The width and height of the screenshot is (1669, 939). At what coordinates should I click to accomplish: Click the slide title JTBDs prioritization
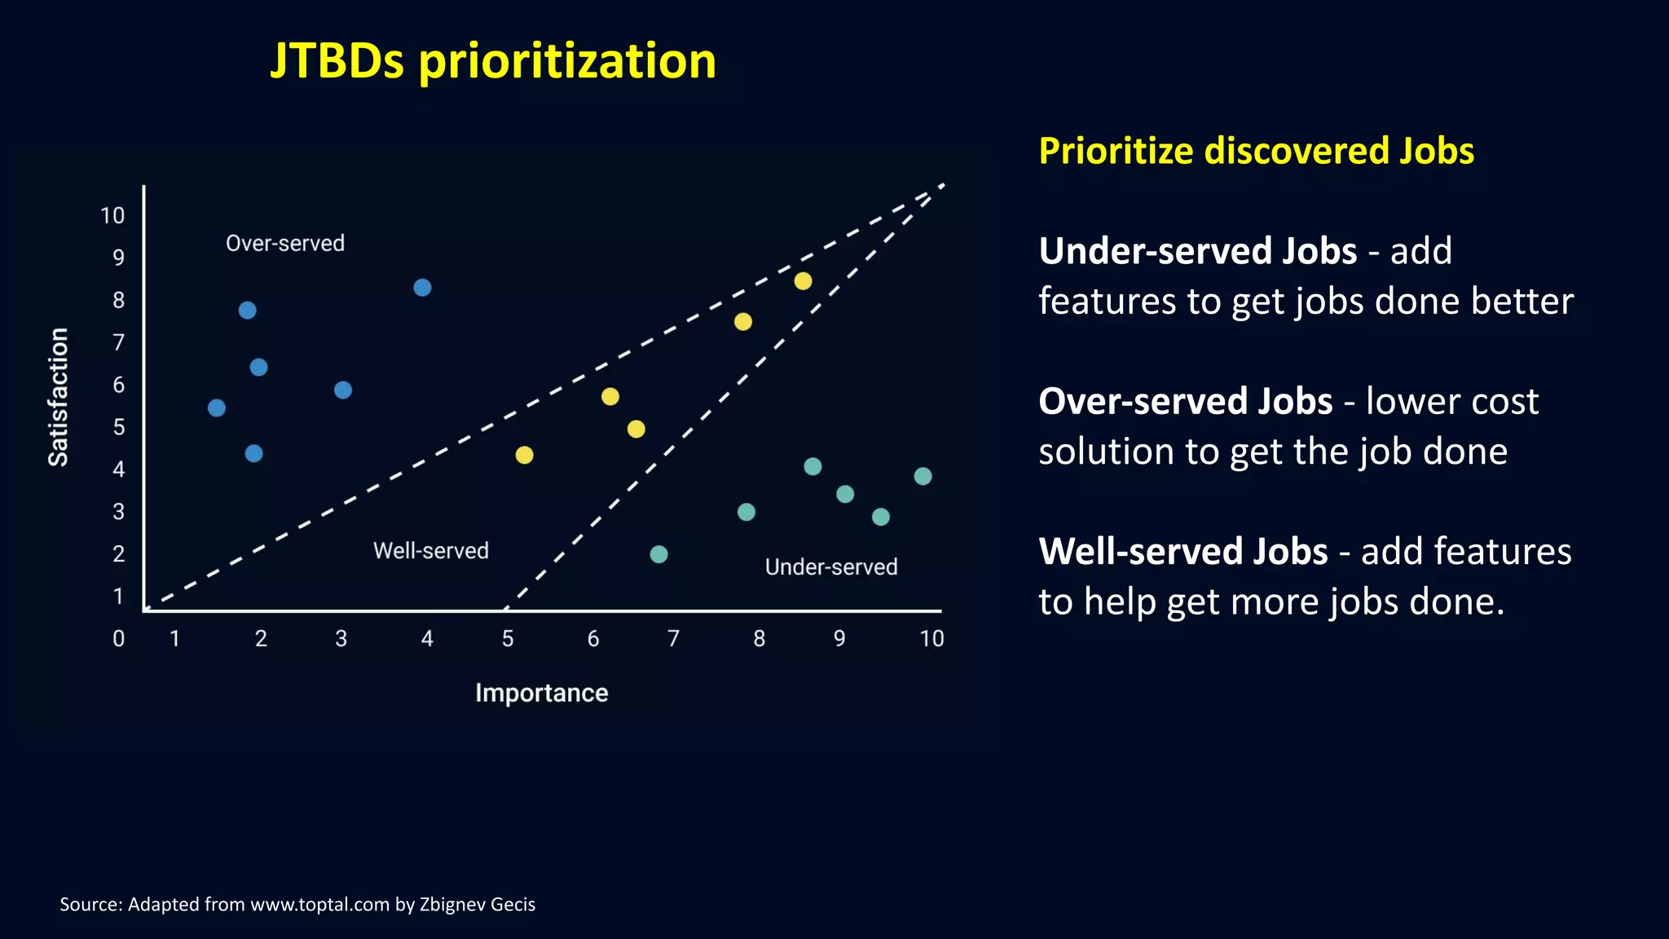492,61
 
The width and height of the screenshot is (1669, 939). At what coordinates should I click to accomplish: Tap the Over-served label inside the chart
285,244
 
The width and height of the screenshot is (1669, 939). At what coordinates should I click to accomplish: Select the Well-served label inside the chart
430,551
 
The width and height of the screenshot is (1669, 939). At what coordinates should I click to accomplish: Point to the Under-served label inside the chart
830,567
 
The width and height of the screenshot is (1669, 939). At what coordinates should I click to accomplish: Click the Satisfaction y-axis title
59,397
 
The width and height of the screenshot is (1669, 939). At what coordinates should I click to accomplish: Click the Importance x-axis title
541,693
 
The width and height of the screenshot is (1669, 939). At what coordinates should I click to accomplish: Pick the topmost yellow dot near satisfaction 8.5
803,281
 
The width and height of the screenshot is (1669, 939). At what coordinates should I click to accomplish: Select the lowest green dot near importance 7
658,554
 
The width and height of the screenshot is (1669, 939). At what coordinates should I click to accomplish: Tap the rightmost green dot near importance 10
923,476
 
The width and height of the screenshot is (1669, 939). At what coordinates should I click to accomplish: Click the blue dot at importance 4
422,288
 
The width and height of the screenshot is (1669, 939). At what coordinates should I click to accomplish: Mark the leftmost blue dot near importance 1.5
217,408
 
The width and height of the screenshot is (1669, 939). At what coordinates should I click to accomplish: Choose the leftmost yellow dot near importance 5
524,455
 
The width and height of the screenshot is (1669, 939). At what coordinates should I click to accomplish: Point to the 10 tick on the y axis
112,216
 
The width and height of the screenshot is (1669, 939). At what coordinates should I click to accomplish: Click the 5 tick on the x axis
508,639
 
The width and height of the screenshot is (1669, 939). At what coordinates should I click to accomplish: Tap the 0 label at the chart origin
119,639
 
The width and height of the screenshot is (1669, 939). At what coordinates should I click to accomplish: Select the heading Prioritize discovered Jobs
1256,152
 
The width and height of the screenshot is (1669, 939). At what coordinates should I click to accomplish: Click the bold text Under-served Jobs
1197,251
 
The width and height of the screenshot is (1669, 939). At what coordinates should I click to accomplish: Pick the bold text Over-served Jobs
1185,402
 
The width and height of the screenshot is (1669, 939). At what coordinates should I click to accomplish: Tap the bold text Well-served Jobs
1182,552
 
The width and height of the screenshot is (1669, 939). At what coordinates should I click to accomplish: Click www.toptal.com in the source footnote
319,905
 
